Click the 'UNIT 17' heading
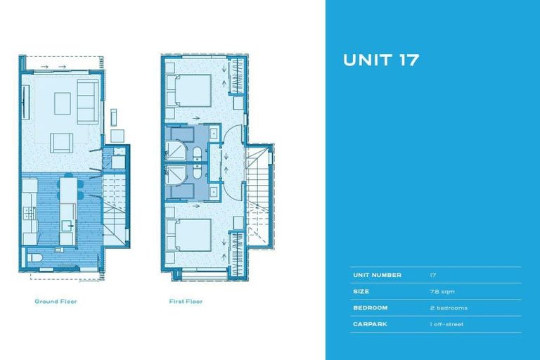pos(380,60)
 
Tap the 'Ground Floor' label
pos(56,302)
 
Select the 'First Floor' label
pos(186,302)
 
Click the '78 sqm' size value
pos(440,291)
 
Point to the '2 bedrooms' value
pos(448,308)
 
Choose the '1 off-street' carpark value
pos(446,324)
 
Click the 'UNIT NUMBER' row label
pos(377,275)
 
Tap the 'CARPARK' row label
pos(369,324)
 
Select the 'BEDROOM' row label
pos(370,308)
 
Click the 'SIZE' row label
pos(360,291)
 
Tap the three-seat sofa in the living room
pos(88,101)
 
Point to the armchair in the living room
pos(60,143)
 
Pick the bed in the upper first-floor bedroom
pos(190,89)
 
